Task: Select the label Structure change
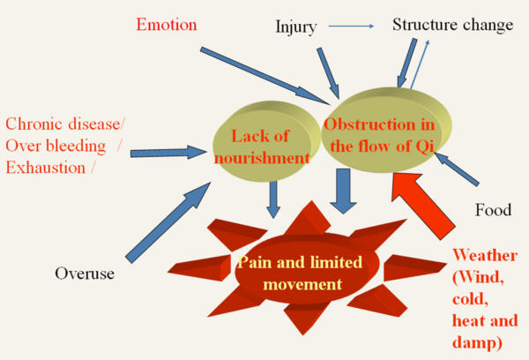point(452,25)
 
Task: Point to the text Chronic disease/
point(64,124)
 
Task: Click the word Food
point(493,211)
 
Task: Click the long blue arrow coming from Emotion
point(264,72)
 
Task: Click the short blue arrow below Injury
point(334,78)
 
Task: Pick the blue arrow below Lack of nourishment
point(273,199)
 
